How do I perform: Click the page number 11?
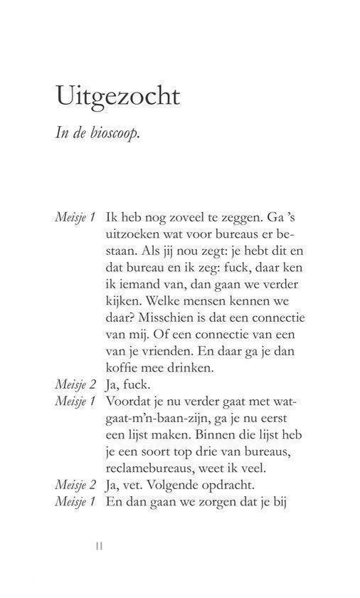click(x=100, y=545)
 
